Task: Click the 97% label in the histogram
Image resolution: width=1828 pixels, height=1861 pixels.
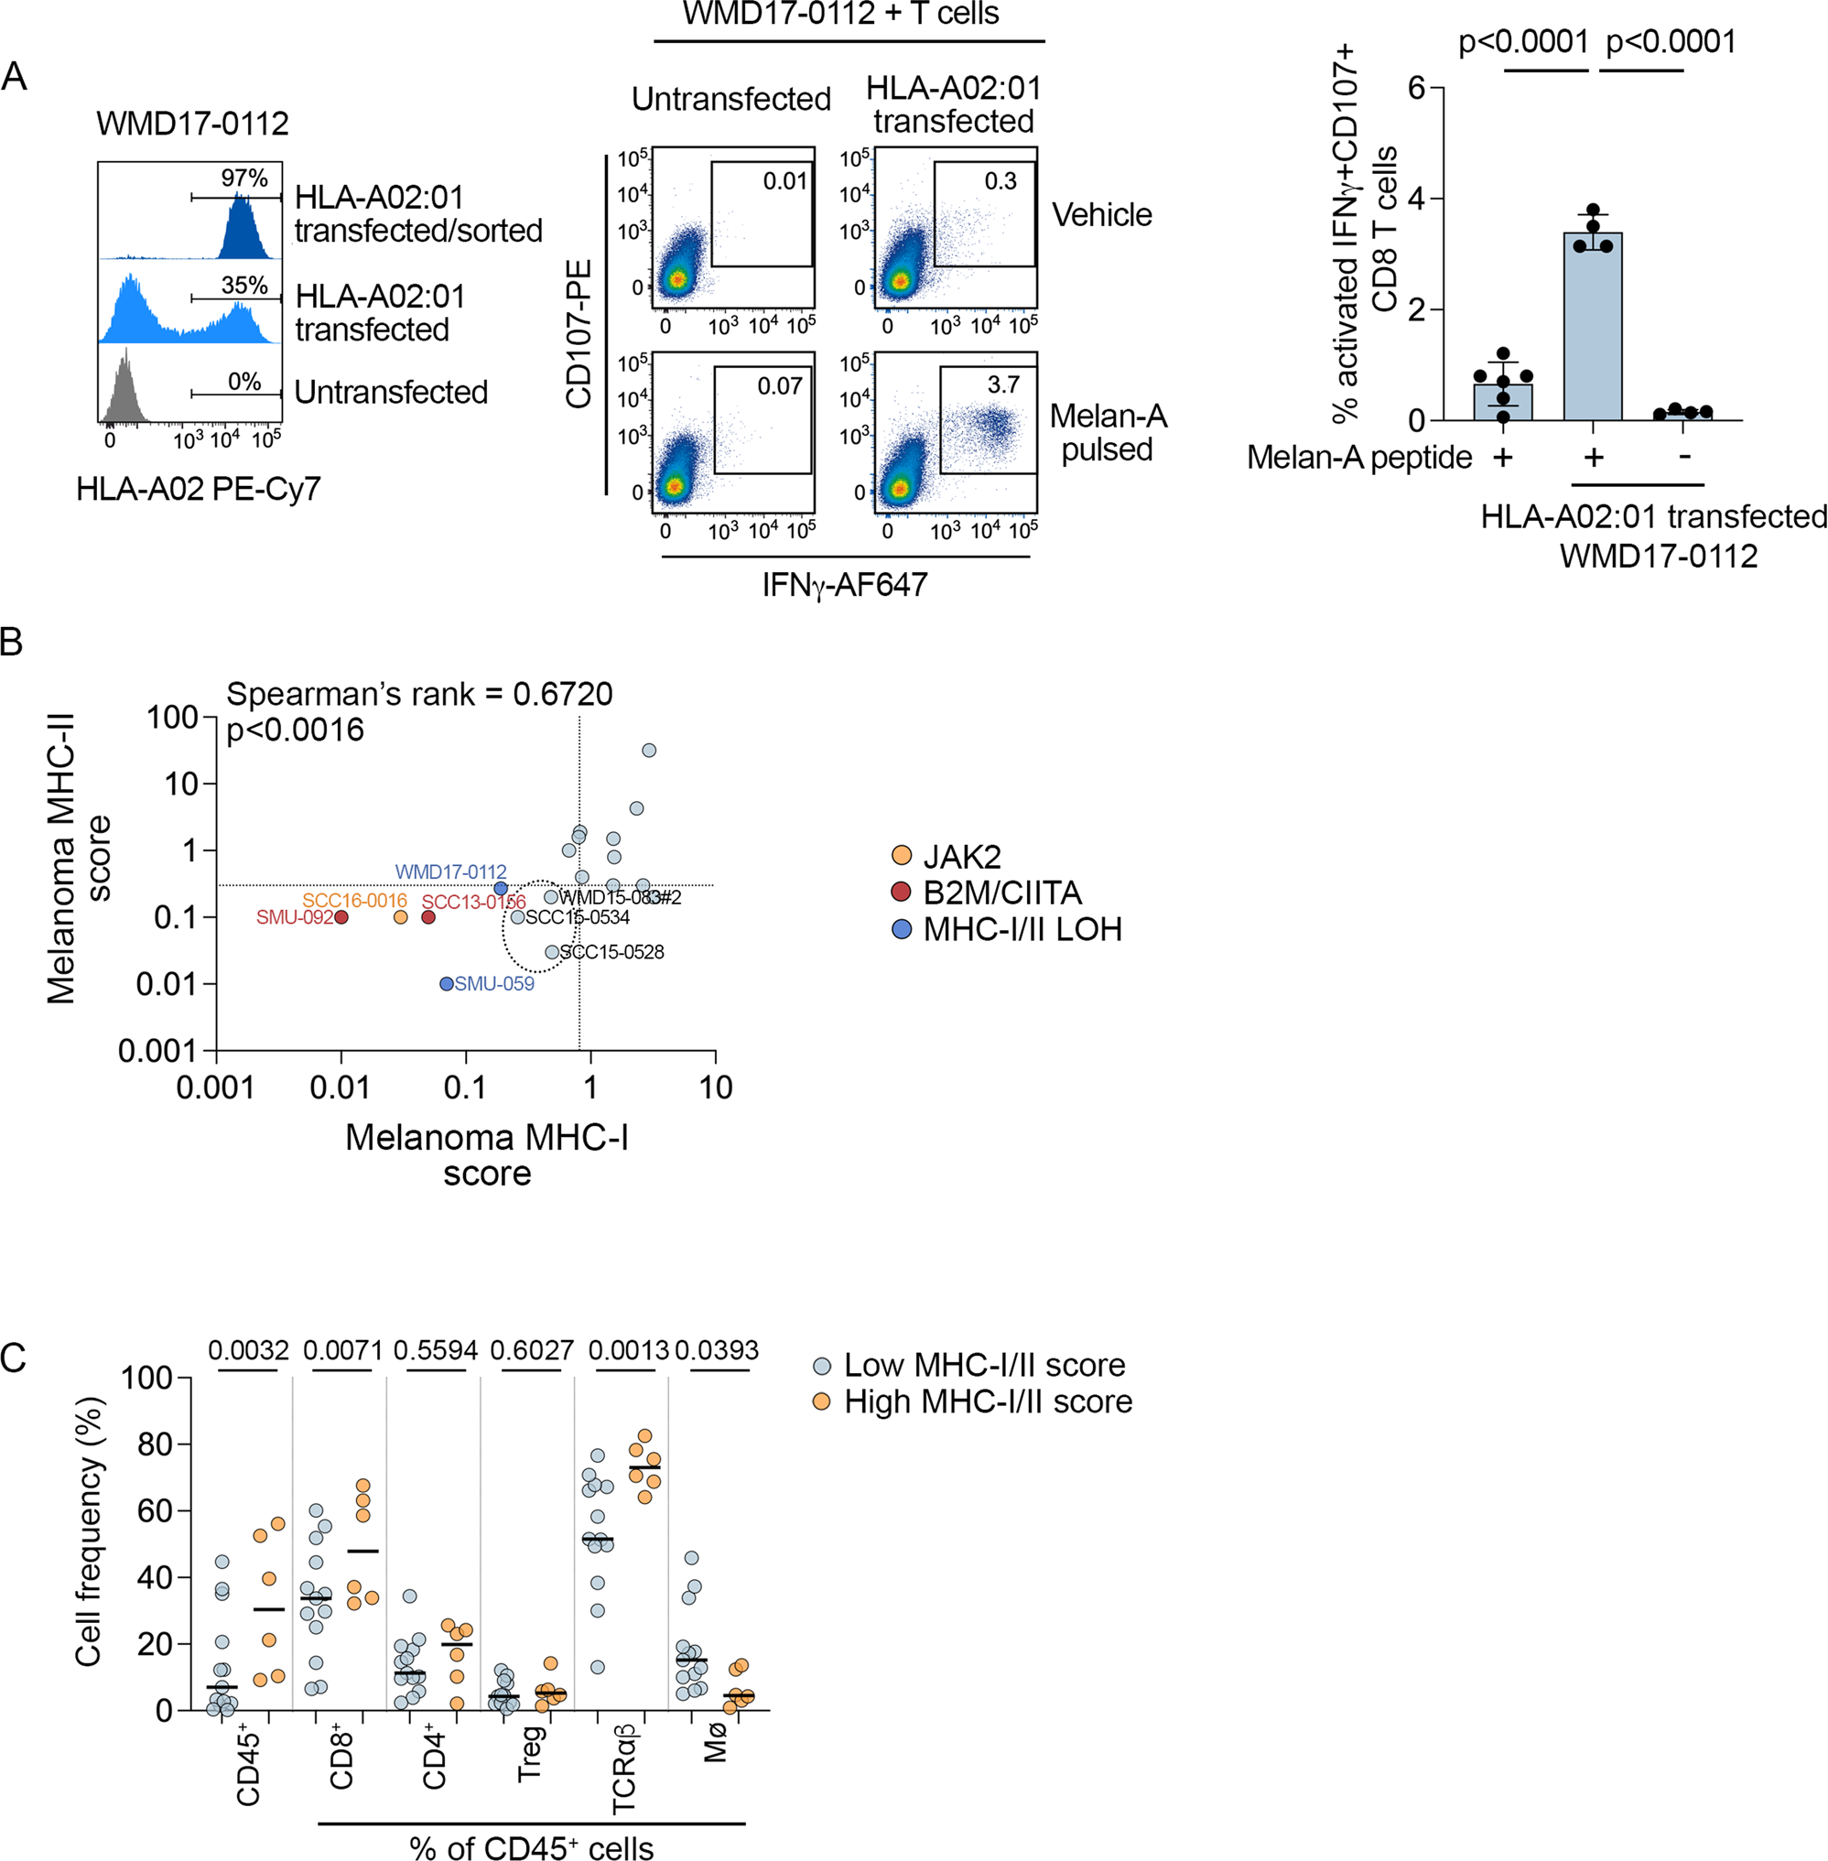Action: tap(243, 179)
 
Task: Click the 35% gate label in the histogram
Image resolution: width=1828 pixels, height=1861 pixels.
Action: tap(243, 286)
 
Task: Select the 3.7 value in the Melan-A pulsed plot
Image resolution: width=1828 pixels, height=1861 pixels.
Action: tap(1003, 385)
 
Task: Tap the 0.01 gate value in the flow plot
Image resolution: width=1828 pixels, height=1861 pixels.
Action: tap(784, 180)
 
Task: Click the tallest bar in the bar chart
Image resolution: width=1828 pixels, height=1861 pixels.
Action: tap(1593, 327)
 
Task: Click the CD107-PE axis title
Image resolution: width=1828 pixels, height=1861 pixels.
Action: tap(579, 333)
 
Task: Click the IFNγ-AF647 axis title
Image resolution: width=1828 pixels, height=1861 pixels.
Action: tap(845, 585)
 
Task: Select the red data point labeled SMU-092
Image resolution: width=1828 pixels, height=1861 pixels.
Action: tap(341, 917)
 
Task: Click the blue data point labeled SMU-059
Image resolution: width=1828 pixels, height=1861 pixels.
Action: tap(447, 983)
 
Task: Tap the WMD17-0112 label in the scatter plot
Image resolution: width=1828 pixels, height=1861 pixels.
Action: tap(450, 872)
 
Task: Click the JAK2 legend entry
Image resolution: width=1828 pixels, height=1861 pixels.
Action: tap(961, 856)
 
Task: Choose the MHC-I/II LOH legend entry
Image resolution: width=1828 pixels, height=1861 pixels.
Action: tap(1022, 928)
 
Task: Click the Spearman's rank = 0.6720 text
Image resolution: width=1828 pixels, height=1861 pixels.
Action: tap(419, 693)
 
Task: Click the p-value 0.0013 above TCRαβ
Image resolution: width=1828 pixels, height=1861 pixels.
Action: tap(628, 1350)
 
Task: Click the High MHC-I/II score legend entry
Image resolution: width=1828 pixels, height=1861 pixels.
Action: tap(987, 1401)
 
